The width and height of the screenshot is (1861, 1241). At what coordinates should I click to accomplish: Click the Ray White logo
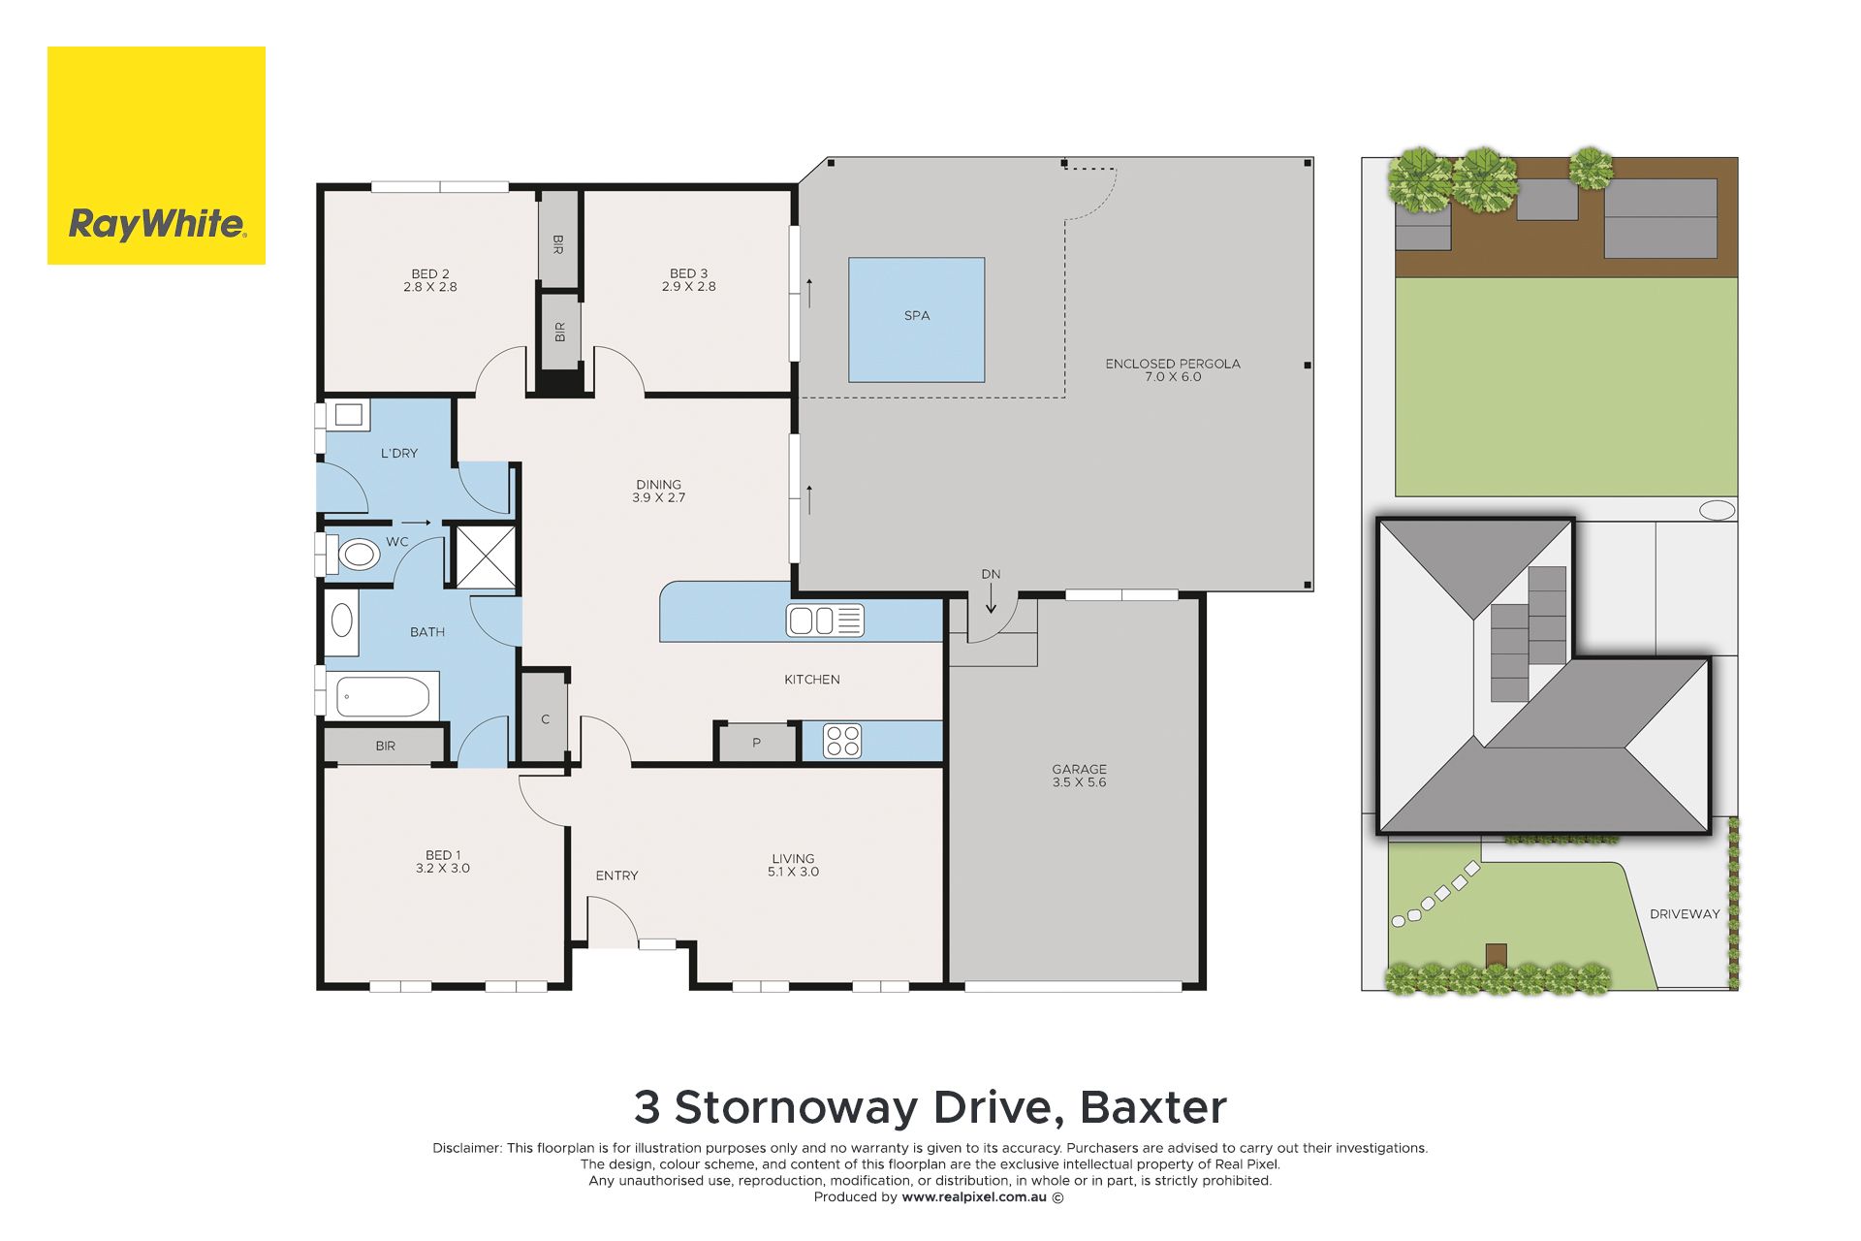(x=156, y=155)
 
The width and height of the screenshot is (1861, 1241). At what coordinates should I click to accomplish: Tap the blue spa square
(x=917, y=320)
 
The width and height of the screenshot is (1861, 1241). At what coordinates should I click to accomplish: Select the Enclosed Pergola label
(x=1173, y=370)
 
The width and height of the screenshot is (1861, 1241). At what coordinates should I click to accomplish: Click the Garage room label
(x=1079, y=776)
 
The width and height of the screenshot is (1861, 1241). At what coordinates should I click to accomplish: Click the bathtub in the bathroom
(x=383, y=697)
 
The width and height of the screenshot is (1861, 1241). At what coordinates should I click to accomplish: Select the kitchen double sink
(x=825, y=620)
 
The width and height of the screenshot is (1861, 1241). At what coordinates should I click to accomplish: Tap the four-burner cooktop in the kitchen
(x=842, y=742)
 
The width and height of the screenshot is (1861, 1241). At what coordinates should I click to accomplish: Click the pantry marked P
(x=756, y=744)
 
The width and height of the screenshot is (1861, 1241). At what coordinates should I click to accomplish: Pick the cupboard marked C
(x=545, y=718)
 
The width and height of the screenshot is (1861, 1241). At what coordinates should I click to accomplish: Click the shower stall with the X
(x=487, y=557)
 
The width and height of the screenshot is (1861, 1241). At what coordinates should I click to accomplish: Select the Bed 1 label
(x=443, y=862)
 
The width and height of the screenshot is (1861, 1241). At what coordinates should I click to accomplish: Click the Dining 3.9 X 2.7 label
(x=659, y=491)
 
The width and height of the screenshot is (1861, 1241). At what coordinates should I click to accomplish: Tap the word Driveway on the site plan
(x=1685, y=914)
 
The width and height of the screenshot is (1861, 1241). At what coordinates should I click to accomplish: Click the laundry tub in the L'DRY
(x=348, y=415)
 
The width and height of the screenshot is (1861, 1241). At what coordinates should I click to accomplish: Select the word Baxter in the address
(x=1153, y=1107)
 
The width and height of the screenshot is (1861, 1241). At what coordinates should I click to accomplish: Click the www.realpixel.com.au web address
(x=974, y=1197)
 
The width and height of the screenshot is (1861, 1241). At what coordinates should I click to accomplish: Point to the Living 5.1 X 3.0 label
(x=793, y=865)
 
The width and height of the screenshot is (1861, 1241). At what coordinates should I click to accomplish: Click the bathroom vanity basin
(x=342, y=620)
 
